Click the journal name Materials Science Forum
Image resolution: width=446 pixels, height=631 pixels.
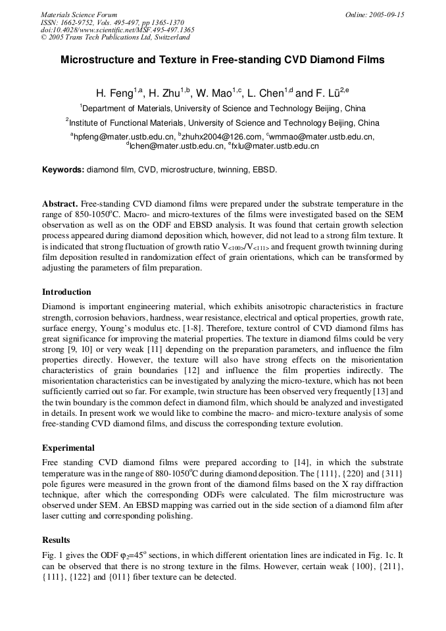pyautogui.click(x=79, y=14)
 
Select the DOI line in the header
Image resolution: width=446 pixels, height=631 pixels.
pyautogui.click(x=117, y=30)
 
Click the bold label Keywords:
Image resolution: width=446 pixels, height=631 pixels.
pyautogui.click(x=63, y=170)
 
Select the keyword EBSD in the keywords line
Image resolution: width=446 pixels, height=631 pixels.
pyautogui.click(x=264, y=170)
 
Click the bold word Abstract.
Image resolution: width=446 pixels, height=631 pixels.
pyautogui.click(x=60, y=205)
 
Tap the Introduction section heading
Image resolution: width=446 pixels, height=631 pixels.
pyautogui.click(x=66, y=292)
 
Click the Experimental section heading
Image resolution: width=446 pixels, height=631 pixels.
pyautogui.click(x=68, y=447)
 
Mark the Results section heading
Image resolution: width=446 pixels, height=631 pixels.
pyautogui.click(x=56, y=540)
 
